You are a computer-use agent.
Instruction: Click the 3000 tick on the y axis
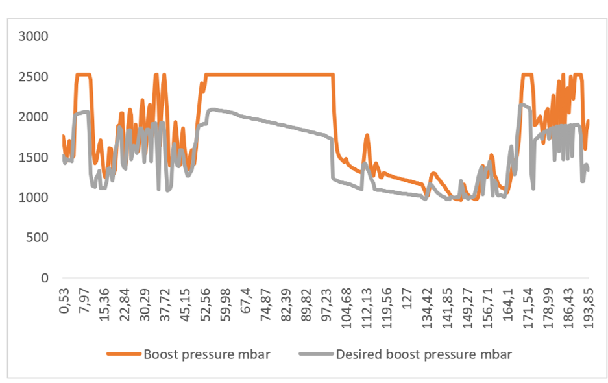[34, 36]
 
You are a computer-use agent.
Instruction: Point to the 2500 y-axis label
[34, 77]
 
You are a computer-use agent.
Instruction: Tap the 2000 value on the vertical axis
[34, 117]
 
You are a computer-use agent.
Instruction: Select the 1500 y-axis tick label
[34, 157]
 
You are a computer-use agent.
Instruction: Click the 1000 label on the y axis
[34, 197]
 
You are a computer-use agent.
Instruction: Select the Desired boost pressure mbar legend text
[423, 354]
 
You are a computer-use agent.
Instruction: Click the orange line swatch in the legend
[123, 354]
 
